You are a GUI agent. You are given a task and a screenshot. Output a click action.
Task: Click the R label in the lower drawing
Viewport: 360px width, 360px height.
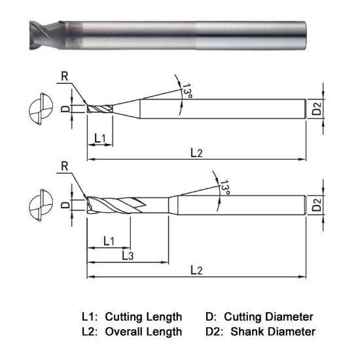point(65,165)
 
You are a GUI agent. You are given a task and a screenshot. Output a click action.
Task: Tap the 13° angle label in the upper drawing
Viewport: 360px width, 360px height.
point(188,92)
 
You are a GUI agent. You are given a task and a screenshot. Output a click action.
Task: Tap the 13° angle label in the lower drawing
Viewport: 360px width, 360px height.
point(225,189)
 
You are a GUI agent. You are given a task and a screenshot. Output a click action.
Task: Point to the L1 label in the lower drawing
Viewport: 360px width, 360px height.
point(109,242)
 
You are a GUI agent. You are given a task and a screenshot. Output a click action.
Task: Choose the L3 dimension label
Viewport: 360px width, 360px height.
point(128,255)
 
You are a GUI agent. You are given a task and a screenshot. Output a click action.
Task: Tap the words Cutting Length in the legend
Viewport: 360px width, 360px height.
point(143,316)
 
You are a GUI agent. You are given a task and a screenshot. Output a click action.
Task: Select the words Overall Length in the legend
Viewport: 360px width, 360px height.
point(143,332)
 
